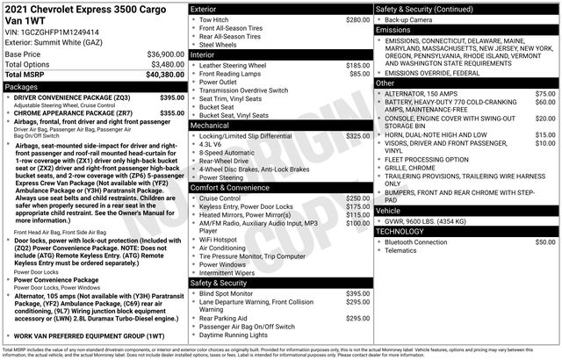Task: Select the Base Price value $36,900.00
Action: click(161, 54)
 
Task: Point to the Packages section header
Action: click(22, 87)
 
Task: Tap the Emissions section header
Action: click(394, 29)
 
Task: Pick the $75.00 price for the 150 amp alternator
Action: click(545, 93)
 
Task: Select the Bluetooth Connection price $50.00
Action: click(545, 241)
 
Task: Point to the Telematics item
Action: click(405, 250)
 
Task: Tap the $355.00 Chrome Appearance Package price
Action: click(172, 112)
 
